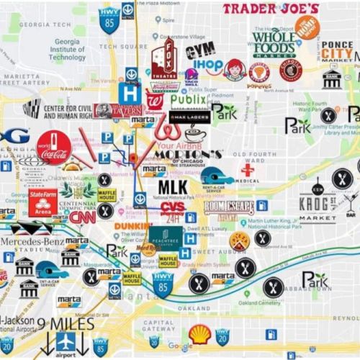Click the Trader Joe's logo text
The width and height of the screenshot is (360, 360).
click(270, 9)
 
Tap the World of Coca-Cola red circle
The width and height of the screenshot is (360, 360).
click(55, 147)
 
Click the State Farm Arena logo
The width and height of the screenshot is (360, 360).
click(43, 202)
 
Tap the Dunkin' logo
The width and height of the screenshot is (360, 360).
click(133, 227)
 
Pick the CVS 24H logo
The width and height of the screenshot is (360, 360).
click(173, 210)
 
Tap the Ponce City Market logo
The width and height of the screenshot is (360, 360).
click(337, 50)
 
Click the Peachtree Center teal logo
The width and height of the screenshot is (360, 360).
click(166, 237)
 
